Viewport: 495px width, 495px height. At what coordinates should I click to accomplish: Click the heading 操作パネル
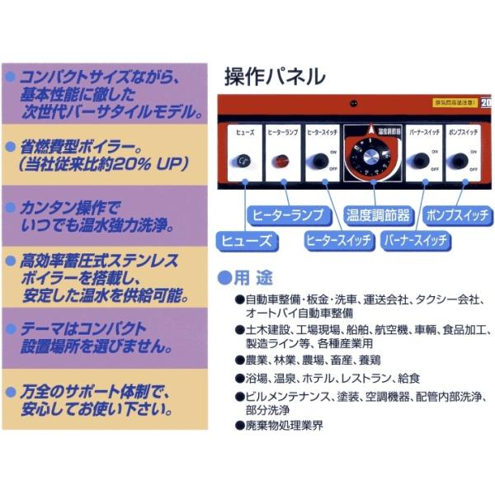[275, 77]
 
